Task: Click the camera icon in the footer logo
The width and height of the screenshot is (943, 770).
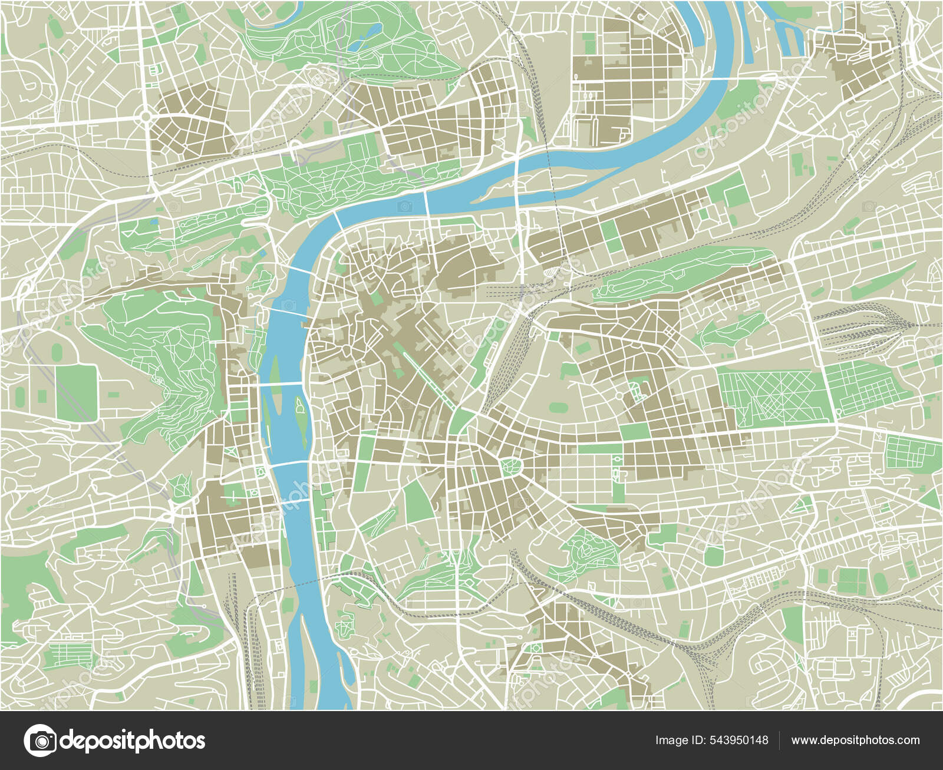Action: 40,741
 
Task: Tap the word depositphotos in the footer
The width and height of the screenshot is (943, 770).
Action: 133,741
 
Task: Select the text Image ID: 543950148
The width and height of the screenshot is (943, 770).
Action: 711,741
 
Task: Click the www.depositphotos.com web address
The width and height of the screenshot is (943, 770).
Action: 855,741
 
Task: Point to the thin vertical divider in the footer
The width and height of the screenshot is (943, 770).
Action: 780,741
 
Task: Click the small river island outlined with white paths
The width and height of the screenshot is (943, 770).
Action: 300,419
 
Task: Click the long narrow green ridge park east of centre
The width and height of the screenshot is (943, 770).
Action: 684,271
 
